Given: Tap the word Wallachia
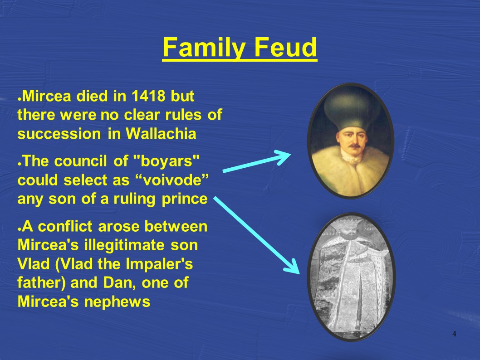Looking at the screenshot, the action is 161,134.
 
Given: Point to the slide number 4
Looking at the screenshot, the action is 454,334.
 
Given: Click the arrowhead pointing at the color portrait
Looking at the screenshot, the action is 283,156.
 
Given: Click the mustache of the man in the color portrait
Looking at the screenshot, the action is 354,146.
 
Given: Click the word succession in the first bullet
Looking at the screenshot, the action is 59,134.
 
